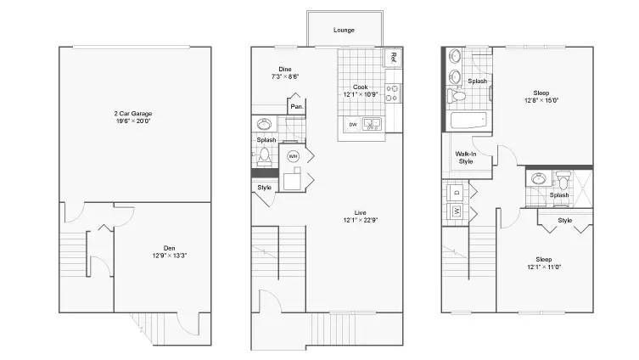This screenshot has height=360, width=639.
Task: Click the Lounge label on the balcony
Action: [x=344, y=30]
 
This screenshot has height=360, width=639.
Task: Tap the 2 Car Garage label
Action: [x=133, y=113]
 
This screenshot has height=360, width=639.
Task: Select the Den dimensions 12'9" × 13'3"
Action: [x=170, y=256]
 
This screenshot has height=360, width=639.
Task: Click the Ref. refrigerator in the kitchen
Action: [x=393, y=58]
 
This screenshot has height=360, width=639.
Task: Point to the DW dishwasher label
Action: [x=353, y=124]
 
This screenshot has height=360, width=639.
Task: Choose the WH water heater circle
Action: [x=294, y=156]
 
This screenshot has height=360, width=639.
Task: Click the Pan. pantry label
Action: [x=297, y=106]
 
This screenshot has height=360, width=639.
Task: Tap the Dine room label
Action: [x=285, y=69]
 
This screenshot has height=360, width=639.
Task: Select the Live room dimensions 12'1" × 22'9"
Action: [x=361, y=220]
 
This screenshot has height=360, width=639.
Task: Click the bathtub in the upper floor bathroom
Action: [x=469, y=121]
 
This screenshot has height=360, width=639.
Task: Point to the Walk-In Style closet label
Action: [x=466, y=157]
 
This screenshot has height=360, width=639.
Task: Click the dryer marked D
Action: [x=457, y=192]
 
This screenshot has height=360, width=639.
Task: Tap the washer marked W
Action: [x=457, y=211]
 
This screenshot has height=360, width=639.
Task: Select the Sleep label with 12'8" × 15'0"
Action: [x=541, y=93]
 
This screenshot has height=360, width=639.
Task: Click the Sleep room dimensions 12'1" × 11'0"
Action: [x=544, y=267]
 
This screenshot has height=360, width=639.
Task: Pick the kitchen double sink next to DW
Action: [x=372, y=124]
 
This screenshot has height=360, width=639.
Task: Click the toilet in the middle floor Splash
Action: [x=265, y=156]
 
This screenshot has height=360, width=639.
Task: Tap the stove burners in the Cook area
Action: [x=393, y=93]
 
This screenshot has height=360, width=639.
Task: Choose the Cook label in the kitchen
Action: [x=361, y=87]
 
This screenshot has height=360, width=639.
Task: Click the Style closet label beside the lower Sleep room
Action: [x=565, y=220]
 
